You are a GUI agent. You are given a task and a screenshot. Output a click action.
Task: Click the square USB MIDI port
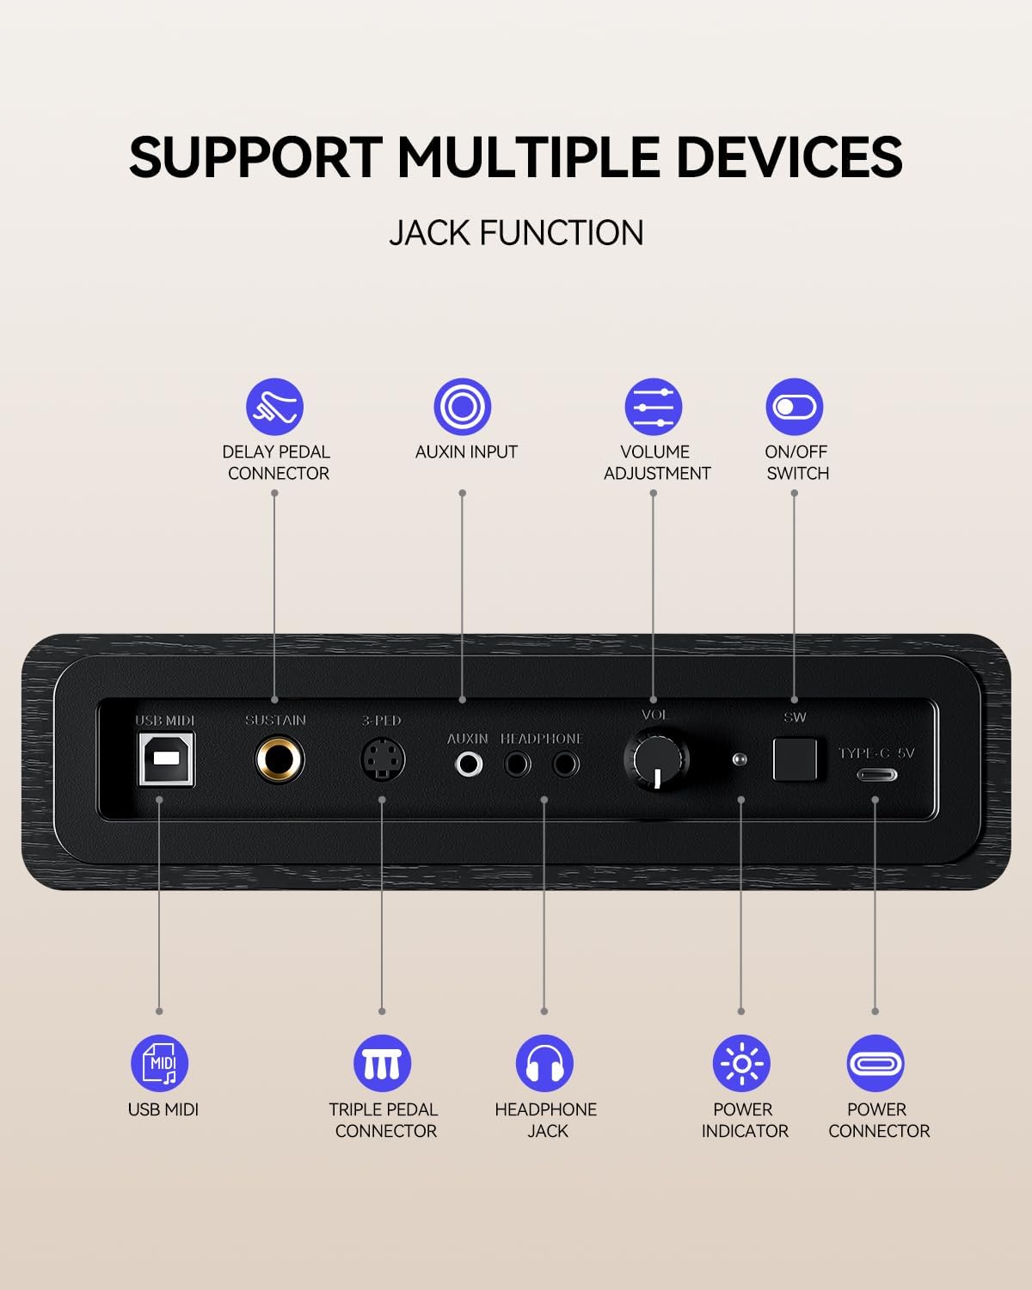(166, 759)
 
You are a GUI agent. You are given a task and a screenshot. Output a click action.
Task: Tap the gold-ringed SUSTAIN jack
(279, 759)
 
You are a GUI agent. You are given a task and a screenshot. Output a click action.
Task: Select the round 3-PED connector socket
(383, 759)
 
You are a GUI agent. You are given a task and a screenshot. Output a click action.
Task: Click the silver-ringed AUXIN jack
(469, 765)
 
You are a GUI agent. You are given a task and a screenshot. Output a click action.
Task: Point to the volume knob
(657, 759)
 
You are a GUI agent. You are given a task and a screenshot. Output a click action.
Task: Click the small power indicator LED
(740, 759)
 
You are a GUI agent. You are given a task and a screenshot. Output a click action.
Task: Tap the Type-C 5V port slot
(876, 775)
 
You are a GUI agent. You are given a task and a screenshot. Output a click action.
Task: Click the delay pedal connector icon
(274, 407)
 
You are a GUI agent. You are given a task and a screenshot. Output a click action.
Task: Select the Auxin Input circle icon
(463, 407)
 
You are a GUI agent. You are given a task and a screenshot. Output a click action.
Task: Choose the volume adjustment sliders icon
(654, 407)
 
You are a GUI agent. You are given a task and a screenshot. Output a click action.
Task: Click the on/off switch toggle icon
(795, 407)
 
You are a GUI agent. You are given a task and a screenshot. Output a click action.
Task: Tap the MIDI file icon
(159, 1063)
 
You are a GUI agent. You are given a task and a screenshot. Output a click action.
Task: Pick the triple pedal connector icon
(382, 1063)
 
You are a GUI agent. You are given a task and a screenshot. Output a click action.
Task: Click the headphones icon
(544, 1063)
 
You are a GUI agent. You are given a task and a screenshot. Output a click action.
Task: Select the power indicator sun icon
(742, 1063)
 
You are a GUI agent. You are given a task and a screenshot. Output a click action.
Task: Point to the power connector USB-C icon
(875, 1063)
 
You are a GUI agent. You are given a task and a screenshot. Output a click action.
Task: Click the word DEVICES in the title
(789, 157)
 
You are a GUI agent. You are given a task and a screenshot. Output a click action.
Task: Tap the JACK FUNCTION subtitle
(516, 232)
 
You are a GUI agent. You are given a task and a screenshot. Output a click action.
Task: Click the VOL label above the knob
(654, 715)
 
